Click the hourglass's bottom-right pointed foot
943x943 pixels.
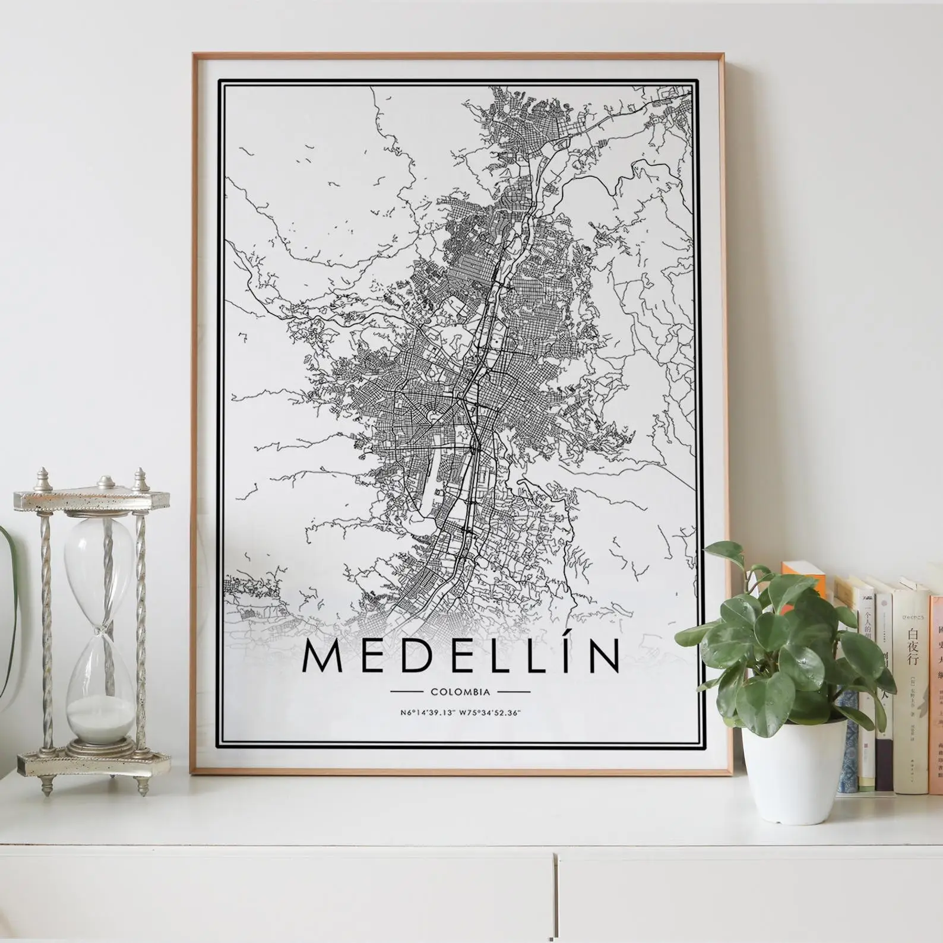[x=143, y=787]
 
